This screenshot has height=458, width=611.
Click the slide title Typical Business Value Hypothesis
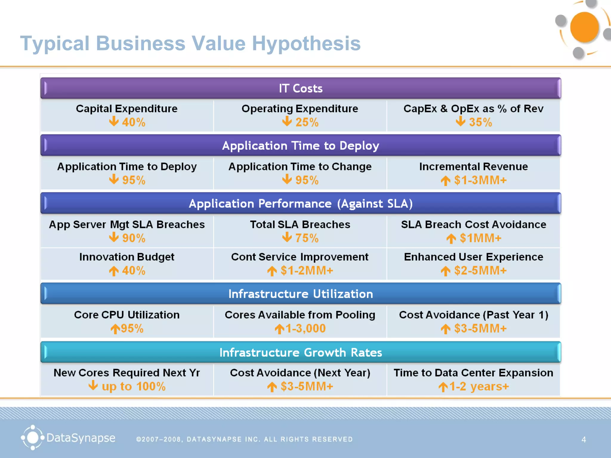190,44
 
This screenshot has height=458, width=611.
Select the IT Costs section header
300,88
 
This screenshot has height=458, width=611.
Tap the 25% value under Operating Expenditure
307,122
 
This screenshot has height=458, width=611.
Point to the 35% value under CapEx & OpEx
480,122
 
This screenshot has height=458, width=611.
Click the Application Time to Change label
300,166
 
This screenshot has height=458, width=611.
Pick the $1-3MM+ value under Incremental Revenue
480,180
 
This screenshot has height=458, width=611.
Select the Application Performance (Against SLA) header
300,204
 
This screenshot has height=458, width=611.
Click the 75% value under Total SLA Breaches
307,238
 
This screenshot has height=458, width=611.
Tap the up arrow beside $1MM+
451,239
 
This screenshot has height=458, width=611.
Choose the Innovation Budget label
127,257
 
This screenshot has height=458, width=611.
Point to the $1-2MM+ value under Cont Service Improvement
307,270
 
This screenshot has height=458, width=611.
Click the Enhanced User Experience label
473,257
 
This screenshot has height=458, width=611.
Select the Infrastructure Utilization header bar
300,294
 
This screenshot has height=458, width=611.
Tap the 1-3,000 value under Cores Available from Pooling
305,328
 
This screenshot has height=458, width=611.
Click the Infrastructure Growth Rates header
300,352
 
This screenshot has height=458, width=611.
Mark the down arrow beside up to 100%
93,385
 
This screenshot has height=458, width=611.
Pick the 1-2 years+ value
479,386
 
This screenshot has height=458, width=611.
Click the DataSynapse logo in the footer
68,438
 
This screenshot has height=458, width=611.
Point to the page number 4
584,440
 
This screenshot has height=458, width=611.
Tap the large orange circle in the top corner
584,27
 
